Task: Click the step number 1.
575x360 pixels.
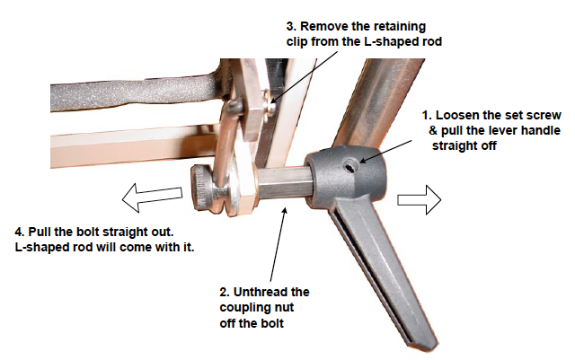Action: coord(425,117)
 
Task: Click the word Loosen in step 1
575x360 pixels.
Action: coord(460,117)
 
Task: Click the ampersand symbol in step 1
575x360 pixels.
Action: coord(433,131)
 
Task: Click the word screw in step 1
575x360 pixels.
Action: coord(543,117)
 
